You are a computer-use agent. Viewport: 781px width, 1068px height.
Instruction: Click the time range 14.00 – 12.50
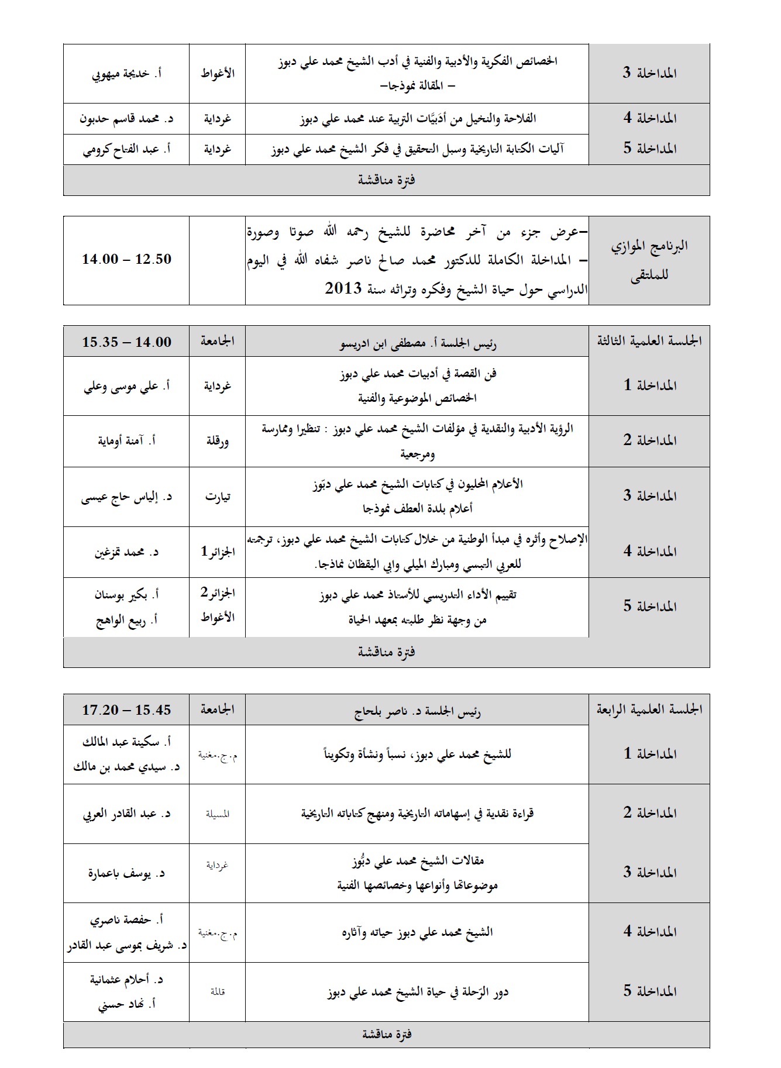tap(126, 259)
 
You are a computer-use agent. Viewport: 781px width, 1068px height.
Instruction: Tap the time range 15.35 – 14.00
tap(126, 342)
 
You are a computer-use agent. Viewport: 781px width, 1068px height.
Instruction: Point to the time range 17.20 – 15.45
tap(126, 710)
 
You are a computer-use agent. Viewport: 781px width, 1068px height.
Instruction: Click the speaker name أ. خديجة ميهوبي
tap(126, 74)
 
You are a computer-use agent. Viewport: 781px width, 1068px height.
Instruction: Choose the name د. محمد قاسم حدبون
tap(126, 119)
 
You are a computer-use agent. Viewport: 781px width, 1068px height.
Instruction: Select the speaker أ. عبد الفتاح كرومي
tap(126, 149)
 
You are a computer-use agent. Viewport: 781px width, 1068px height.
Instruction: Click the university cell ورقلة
tap(218, 441)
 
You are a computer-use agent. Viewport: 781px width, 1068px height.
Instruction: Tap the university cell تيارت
tap(218, 497)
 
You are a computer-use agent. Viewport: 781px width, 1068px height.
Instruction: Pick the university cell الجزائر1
tap(218, 552)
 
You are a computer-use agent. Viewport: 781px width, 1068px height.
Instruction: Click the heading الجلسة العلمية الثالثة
tap(649, 341)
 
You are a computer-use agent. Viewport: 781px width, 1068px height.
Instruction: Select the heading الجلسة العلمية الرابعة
tap(649, 709)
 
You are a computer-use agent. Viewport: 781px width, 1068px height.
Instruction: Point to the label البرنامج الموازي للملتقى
tap(649, 260)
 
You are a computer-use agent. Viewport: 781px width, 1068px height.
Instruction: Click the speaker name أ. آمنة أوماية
tap(126, 441)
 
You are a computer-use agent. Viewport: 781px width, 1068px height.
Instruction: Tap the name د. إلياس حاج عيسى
tap(126, 497)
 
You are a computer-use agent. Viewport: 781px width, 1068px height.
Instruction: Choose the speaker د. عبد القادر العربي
tap(126, 814)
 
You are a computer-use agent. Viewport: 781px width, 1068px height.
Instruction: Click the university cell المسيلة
tap(218, 814)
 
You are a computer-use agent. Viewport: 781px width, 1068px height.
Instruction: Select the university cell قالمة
tap(218, 991)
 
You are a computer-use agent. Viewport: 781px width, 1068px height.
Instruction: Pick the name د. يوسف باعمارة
tap(126, 873)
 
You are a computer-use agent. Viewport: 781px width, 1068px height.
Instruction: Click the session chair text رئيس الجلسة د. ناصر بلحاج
tap(417, 712)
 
